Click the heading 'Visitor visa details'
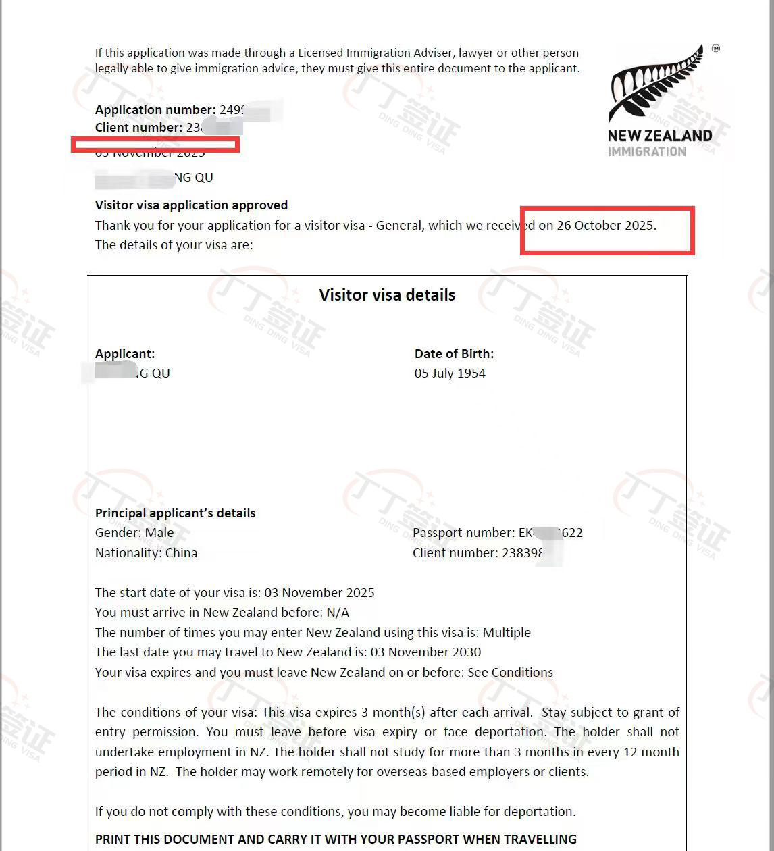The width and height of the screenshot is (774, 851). pyautogui.click(x=387, y=295)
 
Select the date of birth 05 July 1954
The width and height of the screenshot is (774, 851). pyautogui.click(x=450, y=373)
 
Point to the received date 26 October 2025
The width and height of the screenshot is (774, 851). pyautogui.click(x=606, y=226)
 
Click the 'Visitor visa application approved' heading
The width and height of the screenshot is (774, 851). pyautogui.click(x=191, y=205)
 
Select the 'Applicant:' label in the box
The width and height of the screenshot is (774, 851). pyautogui.click(x=125, y=354)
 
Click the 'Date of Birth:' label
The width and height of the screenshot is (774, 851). pyautogui.click(x=454, y=354)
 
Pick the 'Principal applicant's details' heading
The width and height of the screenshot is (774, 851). pyautogui.click(x=175, y=513)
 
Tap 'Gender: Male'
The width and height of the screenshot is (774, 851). pyautogui.click(x=134, y=533)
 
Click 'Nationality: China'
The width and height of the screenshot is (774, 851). pyautogui.click(x=146, y=553)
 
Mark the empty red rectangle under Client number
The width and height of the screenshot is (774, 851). pyautogui.click(x=155, y=144)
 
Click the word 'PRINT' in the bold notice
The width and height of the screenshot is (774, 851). pyautogui.click(x=112, y=840)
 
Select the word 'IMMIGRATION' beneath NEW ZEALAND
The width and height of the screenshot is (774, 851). pyautogui.click(x=646, y=152)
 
